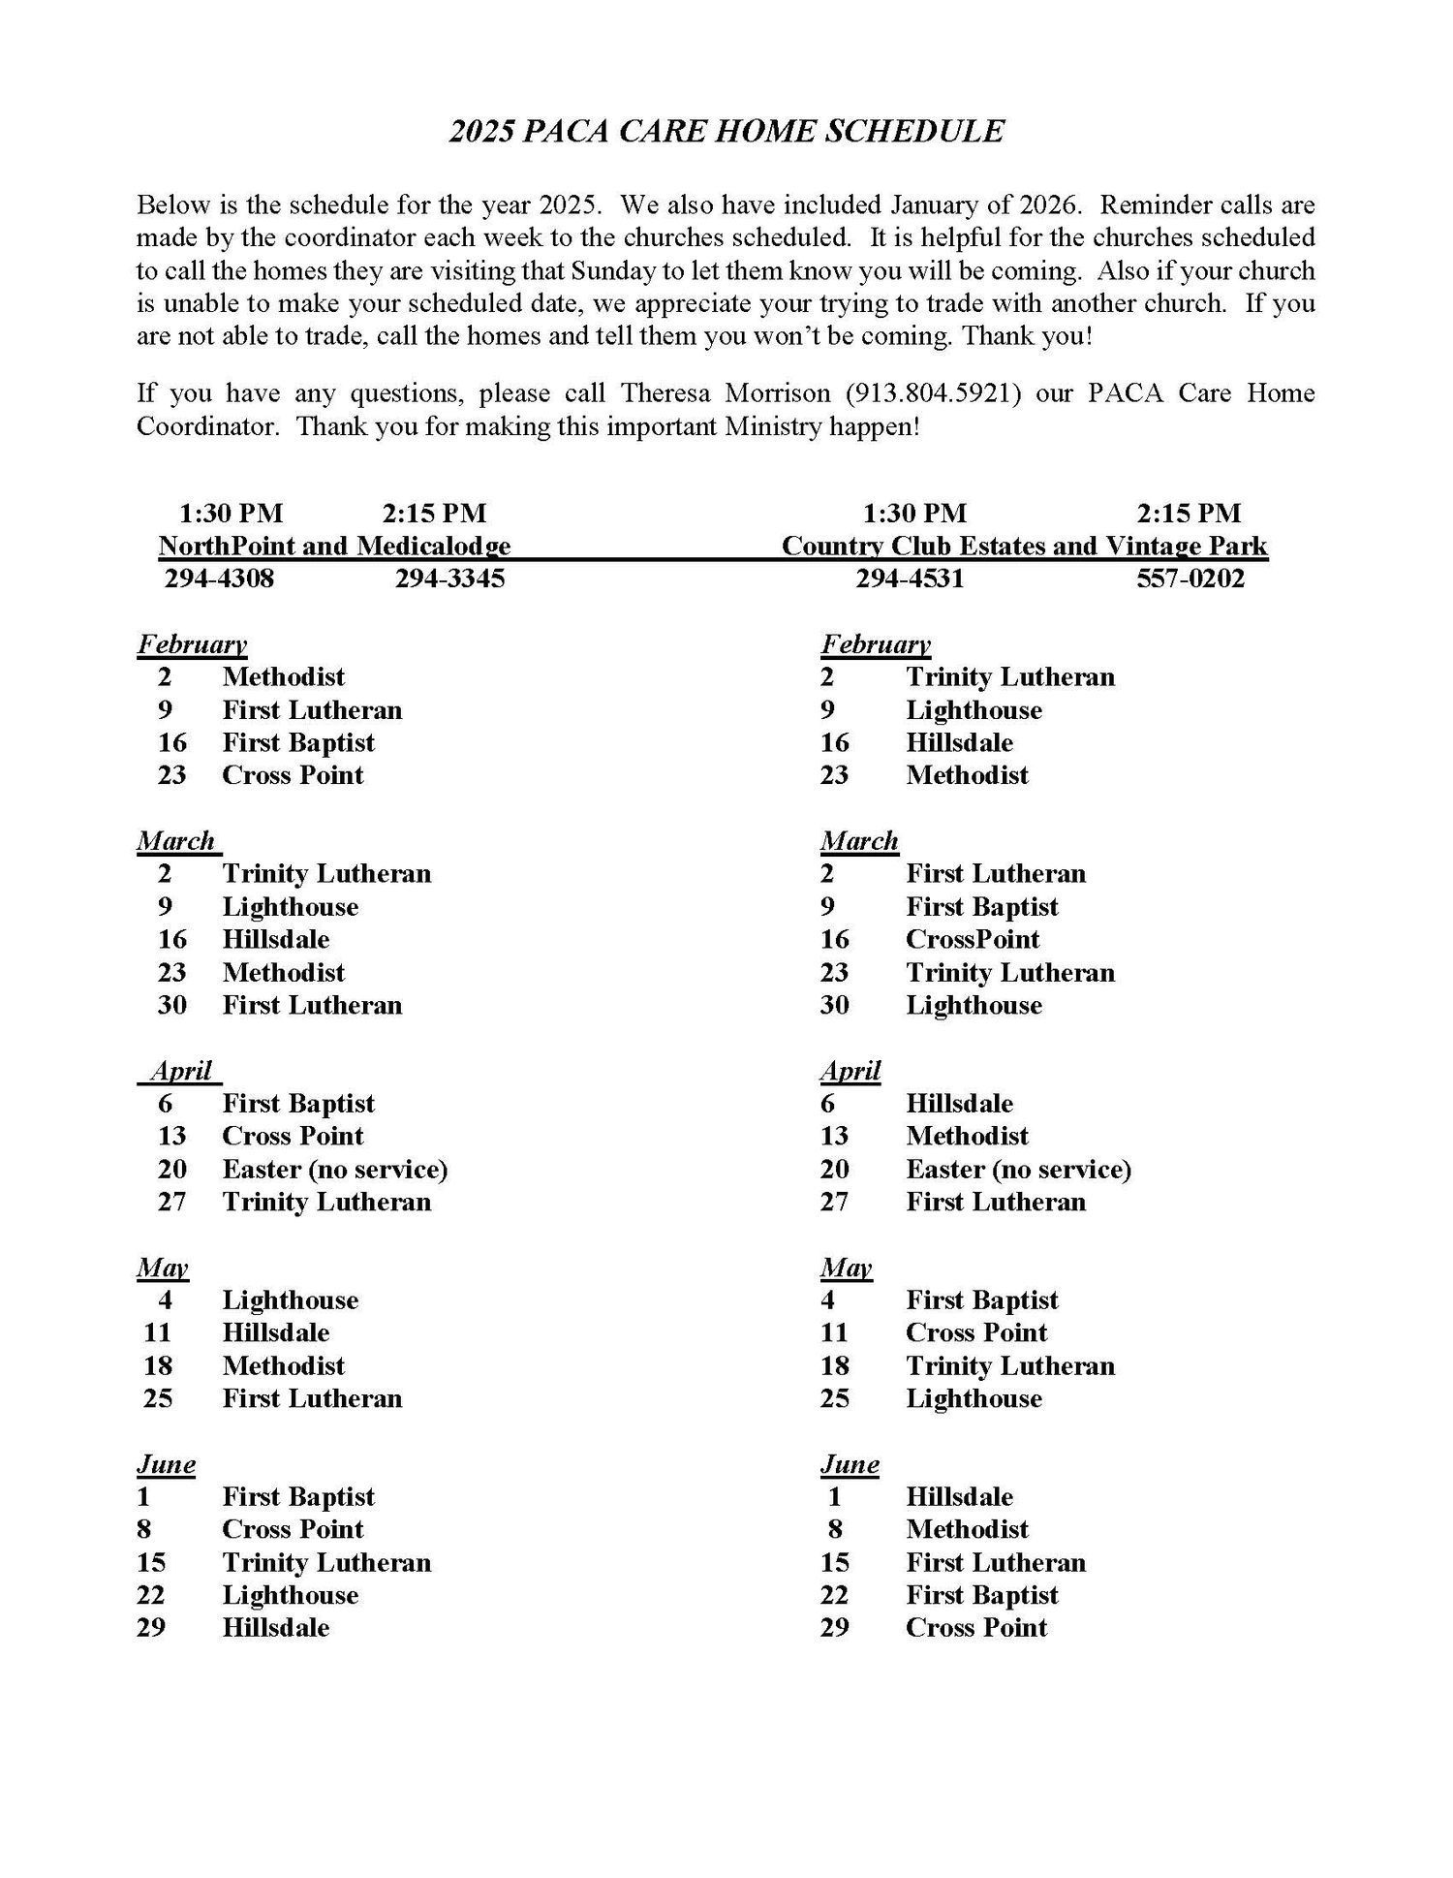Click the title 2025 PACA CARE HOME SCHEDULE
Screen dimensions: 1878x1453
click(x=726, y=131)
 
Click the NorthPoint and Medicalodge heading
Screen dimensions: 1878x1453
click(x=334, y=546)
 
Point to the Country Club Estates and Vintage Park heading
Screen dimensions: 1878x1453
click(x=1024, y=546)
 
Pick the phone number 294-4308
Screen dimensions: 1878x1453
click(x=219, y=579)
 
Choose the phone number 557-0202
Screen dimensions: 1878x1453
click(x=1190, y=579)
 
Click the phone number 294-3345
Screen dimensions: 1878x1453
click(x=449, y=579)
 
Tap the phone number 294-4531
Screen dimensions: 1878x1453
click(x=909, y=579)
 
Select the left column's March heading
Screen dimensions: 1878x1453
click(x=176, y=840)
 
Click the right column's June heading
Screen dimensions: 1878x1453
click(x=850, y=1463)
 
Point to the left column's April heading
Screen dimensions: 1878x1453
click(x=181, y=1071)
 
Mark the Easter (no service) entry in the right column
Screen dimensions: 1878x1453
click(x=1018, y=1169)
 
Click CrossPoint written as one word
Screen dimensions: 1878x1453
click(x=972, y=939)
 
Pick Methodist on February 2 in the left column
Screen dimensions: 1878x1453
click(x=283, y=676)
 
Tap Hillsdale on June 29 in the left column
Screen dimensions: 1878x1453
click(x=275, y=1627)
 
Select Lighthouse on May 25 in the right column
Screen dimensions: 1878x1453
click(x=974, y=1398)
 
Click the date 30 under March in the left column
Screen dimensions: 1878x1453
click(x=171, y=1005)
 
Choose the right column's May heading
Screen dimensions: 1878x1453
click(x=845, y=1268)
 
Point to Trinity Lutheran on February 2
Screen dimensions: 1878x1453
click(x=1009, y=676)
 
